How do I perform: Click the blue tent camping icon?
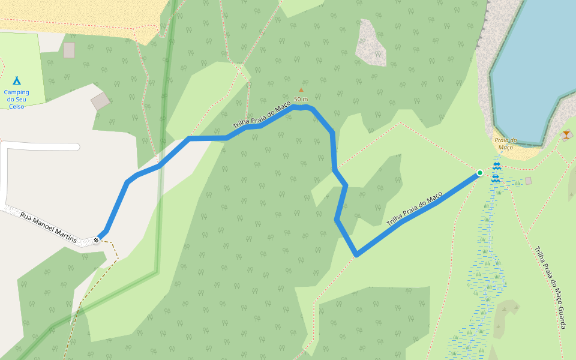point(17,80)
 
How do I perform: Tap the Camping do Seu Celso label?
point(17,99)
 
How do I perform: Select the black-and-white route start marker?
point(96,240)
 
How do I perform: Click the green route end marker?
point(479,173)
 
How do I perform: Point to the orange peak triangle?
point(301,90)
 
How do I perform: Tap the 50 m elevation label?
point(301,99)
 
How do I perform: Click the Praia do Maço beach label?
point(505,143)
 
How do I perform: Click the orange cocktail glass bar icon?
point(566,134)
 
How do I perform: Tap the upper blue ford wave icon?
point(496,166)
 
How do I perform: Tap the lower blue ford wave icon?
point(496,178)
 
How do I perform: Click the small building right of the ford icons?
point(528,181)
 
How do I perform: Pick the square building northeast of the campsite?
point(69,50)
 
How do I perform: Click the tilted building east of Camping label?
point(100,101)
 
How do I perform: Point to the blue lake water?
point(534,60)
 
